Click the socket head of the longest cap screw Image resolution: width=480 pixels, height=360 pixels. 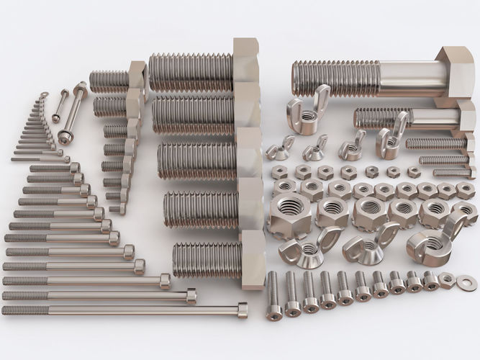click(x=242, y=310)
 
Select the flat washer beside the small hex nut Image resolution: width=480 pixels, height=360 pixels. click(x=466, y=282)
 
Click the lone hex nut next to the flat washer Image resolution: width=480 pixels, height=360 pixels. click(x=447, y=280)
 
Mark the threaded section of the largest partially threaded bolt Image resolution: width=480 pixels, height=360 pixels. click(x=335, y=78)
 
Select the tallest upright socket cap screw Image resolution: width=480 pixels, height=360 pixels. click(x=274, y=295)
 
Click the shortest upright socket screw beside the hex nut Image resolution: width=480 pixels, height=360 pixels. click(x=431, y=281)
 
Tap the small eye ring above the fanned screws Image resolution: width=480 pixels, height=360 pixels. click(x=44, y=94)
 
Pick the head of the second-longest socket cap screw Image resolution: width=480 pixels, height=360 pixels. click(x=191, y=295)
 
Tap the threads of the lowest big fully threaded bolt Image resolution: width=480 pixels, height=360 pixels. click(x=207, y=260)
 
